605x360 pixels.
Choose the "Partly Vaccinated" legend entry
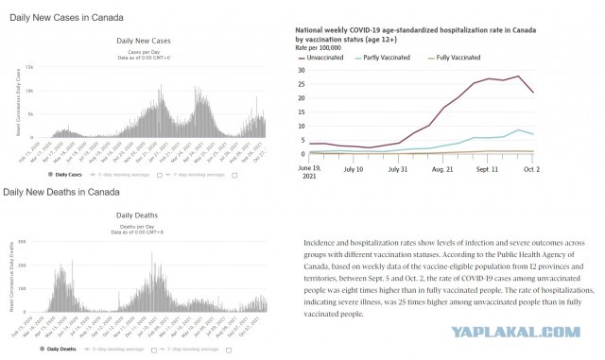click(391, 58)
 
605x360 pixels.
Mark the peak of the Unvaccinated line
click(518, 77)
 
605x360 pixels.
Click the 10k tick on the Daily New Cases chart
click(29, 91)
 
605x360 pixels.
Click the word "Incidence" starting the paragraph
click(323, 243)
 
